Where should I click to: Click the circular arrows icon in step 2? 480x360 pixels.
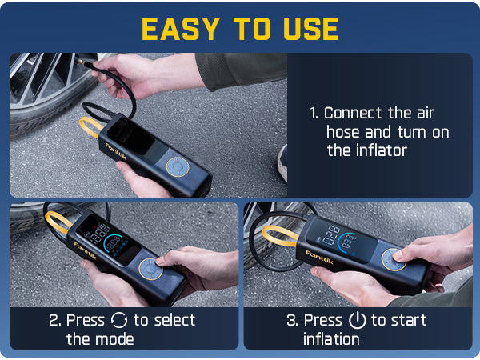(118, 320)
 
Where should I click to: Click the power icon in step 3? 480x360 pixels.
(357, 320)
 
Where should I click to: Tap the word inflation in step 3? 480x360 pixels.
(330, 338)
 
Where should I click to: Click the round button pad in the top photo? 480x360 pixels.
(177, 166)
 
